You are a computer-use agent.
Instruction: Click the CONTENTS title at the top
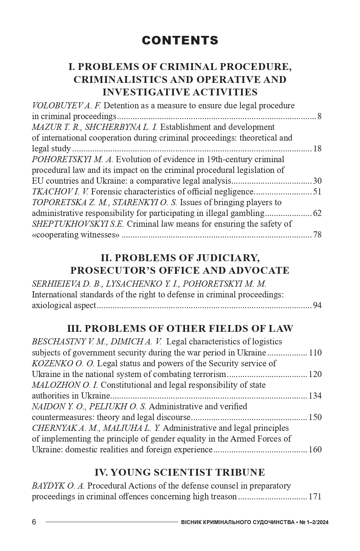[180, 41]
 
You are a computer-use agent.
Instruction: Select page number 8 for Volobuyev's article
[319, 116]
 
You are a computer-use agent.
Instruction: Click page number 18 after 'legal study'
[317, 149]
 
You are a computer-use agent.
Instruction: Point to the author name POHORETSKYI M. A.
[72, 159]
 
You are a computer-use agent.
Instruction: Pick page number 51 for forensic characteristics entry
[317, 192]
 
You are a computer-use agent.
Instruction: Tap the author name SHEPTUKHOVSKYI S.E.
[78, 224]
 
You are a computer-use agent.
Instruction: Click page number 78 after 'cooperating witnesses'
[317, 235]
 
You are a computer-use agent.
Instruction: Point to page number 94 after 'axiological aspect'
[317, 305]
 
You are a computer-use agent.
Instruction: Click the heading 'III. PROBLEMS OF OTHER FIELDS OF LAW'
[180, 329]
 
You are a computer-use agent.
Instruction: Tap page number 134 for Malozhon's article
[315, 396]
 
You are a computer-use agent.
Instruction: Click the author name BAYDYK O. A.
[58, 486]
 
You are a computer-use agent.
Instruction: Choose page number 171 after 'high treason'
[315, 496]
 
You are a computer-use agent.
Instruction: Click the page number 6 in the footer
[34, 522]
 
